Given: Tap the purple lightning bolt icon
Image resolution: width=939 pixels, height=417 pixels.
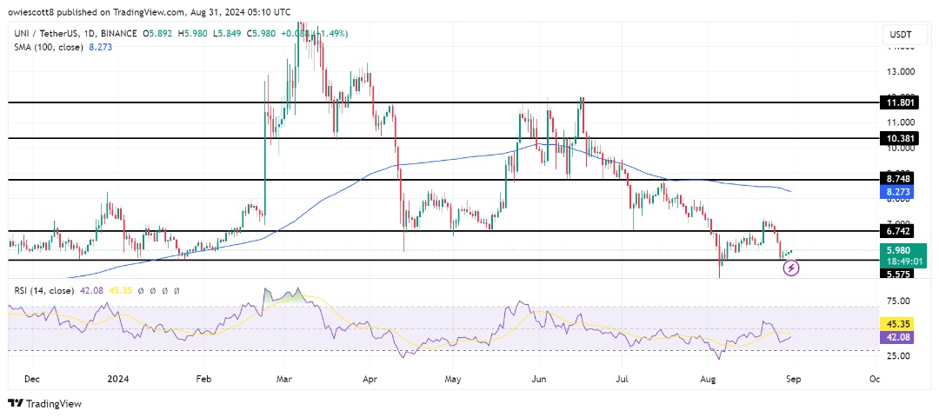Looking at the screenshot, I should (x=791, y=268).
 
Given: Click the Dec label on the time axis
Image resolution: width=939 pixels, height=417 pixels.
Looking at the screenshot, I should (x=33, y=379).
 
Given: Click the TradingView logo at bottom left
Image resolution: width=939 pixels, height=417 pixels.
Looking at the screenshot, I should (x=45, y=403).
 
